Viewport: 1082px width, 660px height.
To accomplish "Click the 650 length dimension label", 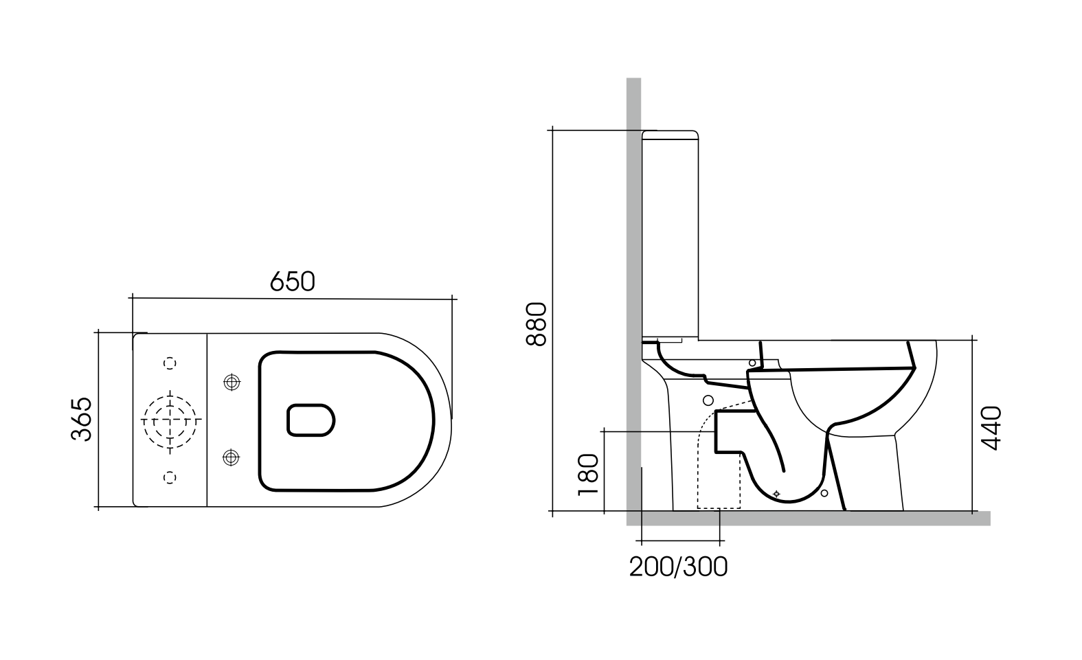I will pos(292,282).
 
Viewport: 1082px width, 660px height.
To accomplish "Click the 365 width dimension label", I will pos(82,418).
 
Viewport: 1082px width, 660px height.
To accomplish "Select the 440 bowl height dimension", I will pos(991,427).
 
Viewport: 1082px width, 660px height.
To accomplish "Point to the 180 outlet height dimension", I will pos(588,474).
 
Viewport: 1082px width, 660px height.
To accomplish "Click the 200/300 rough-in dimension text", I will pos(678,567).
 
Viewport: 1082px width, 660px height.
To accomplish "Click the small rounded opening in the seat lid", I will pos(311,420).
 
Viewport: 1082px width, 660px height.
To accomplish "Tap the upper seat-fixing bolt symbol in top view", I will pos(232,382).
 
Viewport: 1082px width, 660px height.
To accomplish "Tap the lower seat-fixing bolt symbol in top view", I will pos(232,457).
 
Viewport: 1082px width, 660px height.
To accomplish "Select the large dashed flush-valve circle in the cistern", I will pos(170,420).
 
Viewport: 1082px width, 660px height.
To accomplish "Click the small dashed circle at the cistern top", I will pos(170,363).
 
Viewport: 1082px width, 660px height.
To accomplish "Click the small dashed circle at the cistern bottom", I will pos(170,477).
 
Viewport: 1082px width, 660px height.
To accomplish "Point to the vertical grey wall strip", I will pos(633,275).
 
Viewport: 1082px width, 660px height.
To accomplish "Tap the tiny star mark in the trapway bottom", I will pos(776,493).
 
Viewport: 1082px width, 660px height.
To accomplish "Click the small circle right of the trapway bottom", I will pos(824,493).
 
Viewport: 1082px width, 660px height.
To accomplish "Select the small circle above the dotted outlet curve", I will pos(708,400).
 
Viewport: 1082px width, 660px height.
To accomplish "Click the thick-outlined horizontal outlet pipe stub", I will pos(735,431).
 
